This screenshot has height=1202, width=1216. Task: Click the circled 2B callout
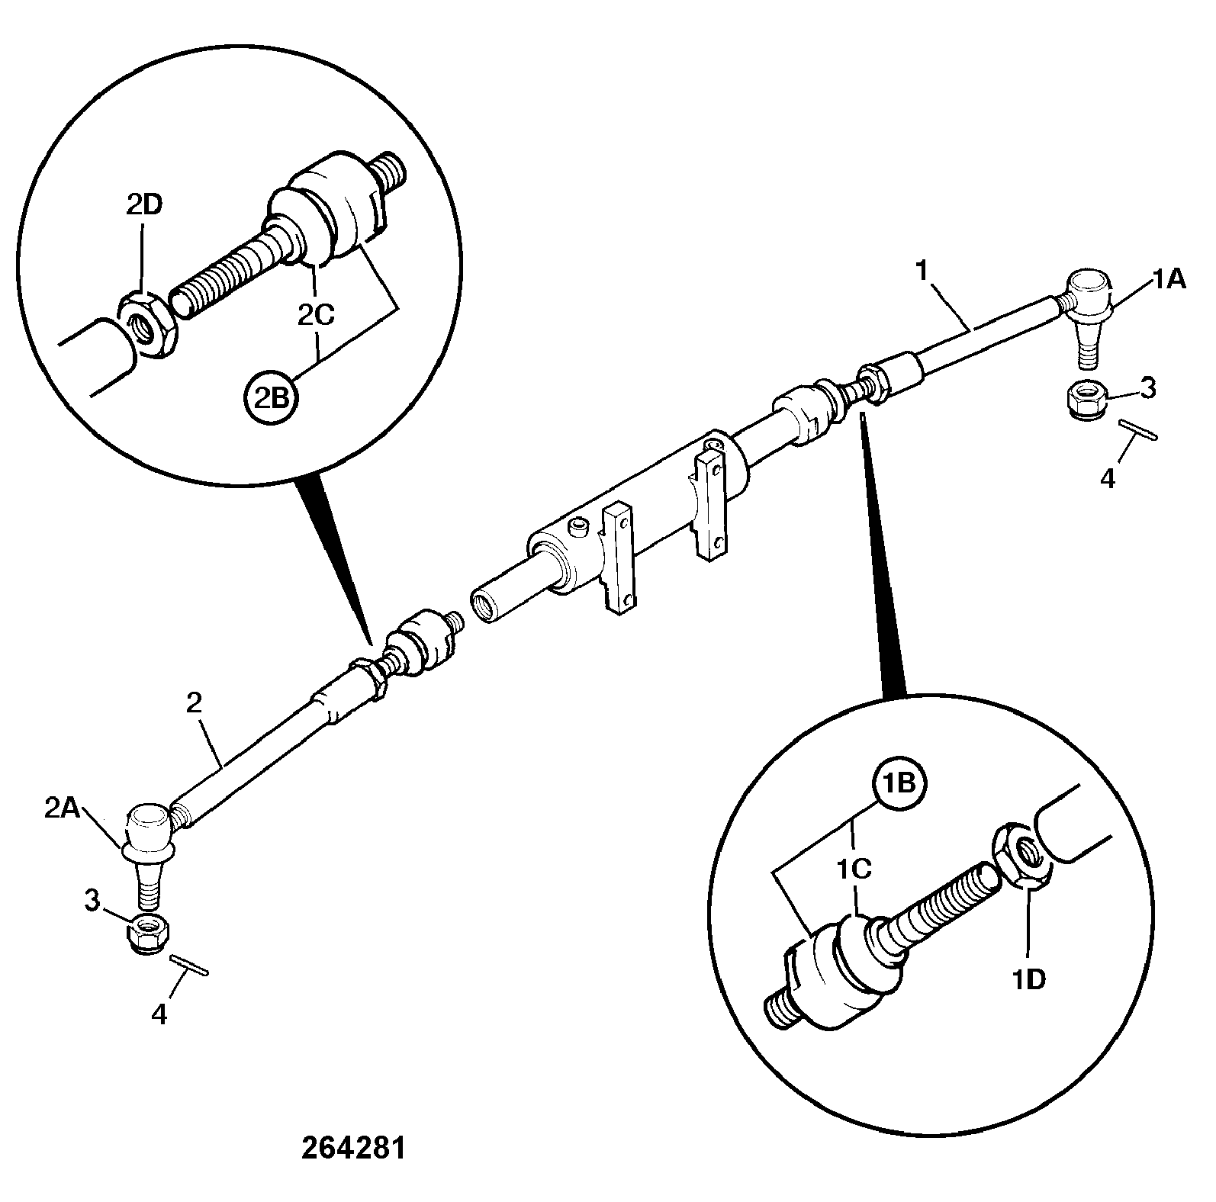(x=271, y=397)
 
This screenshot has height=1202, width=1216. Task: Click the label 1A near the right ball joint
(x=1169, y=280)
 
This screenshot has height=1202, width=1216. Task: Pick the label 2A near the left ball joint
(x=63, y=808)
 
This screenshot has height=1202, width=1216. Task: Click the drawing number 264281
(x=353, y=1149)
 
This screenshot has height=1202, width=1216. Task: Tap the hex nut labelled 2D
(x=148, y=323)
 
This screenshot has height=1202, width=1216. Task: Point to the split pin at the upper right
(x=1138, y=429)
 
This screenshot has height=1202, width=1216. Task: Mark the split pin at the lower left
(x=188, y=964)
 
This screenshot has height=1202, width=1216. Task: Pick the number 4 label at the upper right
(x=1108, y=480)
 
